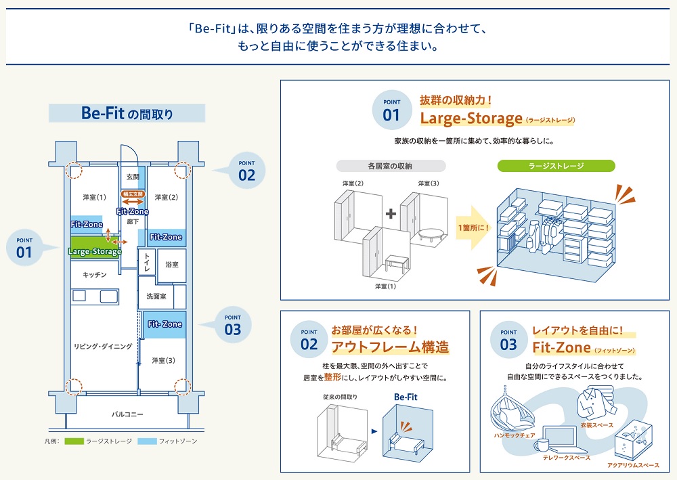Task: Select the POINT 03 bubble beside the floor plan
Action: [x=232, y=324]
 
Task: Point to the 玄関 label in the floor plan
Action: [x=133, y=177]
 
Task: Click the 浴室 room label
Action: [x=171, y=265]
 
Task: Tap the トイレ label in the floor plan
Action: [x=146, y=263]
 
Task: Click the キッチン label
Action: [x=95, y=274]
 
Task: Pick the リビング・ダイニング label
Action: [x=103, y=347]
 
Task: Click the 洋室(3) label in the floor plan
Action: [x=163, y=361]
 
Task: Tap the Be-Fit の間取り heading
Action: [x=127, y=113]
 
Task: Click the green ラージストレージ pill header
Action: [x=556, y=166]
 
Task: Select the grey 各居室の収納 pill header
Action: [x=391, y=166]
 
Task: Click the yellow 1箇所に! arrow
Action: [x=474, y=228]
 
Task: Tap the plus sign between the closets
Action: [x=391, y=215]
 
